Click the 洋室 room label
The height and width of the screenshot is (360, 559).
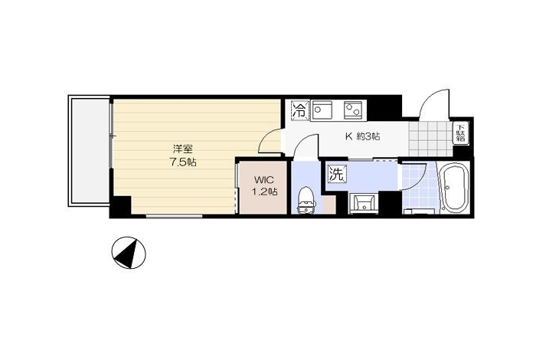tap(182, 149)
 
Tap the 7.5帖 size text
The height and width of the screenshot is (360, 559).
tap(182, 162)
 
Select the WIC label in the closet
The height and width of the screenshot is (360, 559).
tap(264, 179)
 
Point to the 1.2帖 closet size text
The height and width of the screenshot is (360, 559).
tap(264, 191)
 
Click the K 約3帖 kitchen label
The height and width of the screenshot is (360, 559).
tap(362, 136)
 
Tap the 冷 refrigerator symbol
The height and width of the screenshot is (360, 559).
tap(300, 110)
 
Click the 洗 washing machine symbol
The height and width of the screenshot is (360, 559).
tap(337, 174)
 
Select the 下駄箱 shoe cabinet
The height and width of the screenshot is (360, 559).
tap(461, 134)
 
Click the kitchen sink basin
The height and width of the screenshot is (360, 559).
tap(322, 110)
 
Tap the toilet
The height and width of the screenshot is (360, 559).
tap(306, 200)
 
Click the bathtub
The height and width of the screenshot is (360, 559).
tap(454, 188)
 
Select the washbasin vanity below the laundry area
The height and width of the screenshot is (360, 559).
tap(363, 205)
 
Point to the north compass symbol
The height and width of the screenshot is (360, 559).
tap(129, 253)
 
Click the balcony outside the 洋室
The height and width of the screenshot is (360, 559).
tap(89, 150)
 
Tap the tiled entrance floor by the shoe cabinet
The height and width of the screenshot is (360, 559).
tap(430, 139)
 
